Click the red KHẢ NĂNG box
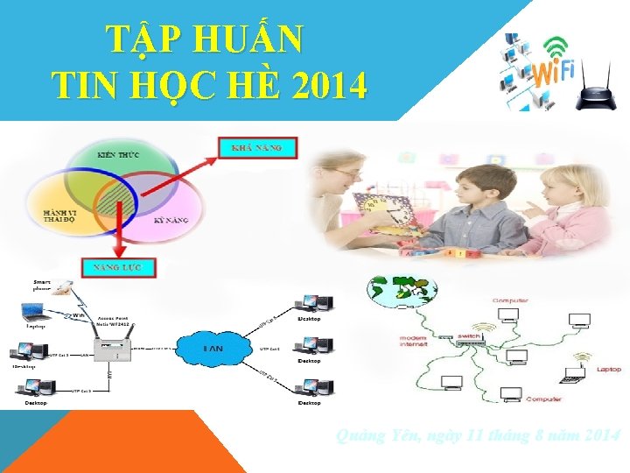[x=257, y=148]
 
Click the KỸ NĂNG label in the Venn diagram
[x=171, y=220]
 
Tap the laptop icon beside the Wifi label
[x=35, y=310]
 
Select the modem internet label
[x=414, y=340]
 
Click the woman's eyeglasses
[x=345, y=173]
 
